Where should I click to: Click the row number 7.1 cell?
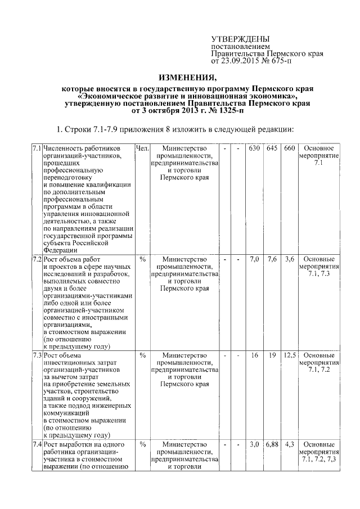click(36, 148)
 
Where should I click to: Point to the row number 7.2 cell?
click(36, 260)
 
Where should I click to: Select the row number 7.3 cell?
click(36, 355)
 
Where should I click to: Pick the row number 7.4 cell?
click(36, 444)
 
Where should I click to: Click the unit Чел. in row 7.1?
click(142, 148)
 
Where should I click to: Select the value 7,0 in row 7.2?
click(254, 260)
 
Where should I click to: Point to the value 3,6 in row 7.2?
click(290, 260)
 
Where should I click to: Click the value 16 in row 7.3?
click(254, 355)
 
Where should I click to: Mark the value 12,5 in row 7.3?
click(290, 355)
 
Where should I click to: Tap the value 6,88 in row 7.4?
click(272, 444)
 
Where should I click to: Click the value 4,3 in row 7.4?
click(290, 444)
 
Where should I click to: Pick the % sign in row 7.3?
click(142, 355)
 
